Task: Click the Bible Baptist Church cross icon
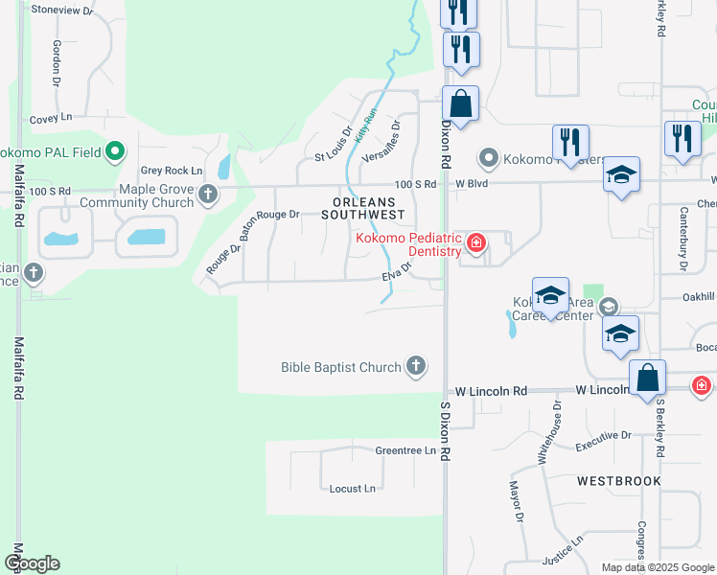click(415, 365)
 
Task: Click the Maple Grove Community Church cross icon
click(208, 195)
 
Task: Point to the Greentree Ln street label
click(405, 449)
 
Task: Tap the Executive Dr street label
click(604, 441)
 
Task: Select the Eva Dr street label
click(396, 274)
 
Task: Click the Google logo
click(32, 563)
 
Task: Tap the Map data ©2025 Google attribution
click(657, 567)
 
